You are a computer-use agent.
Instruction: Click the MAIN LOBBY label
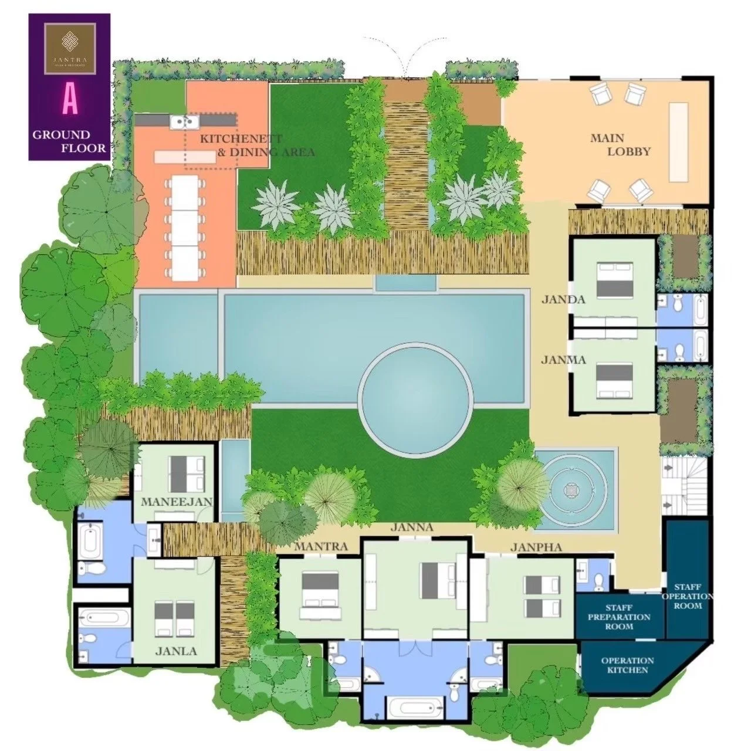[620, 145]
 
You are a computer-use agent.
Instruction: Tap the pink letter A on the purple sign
[70, 101]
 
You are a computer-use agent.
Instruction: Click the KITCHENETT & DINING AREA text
[257, 146]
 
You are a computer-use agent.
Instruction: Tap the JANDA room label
[563, 300]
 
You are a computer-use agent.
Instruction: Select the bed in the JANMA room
[615, 381]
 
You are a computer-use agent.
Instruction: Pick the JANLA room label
[176, 651]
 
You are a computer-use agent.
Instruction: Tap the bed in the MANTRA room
[320, 589]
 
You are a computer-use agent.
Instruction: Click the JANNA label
[415, 527]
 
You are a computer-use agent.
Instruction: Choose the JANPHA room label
[536, 547]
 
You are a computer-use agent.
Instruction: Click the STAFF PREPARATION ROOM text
[619, 617]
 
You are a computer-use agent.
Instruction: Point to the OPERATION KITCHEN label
[627, 665]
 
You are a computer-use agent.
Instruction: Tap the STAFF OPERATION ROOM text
[687, 596]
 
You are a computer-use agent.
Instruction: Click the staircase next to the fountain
[684, 485]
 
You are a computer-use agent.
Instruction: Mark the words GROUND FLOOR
[69, 141]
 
